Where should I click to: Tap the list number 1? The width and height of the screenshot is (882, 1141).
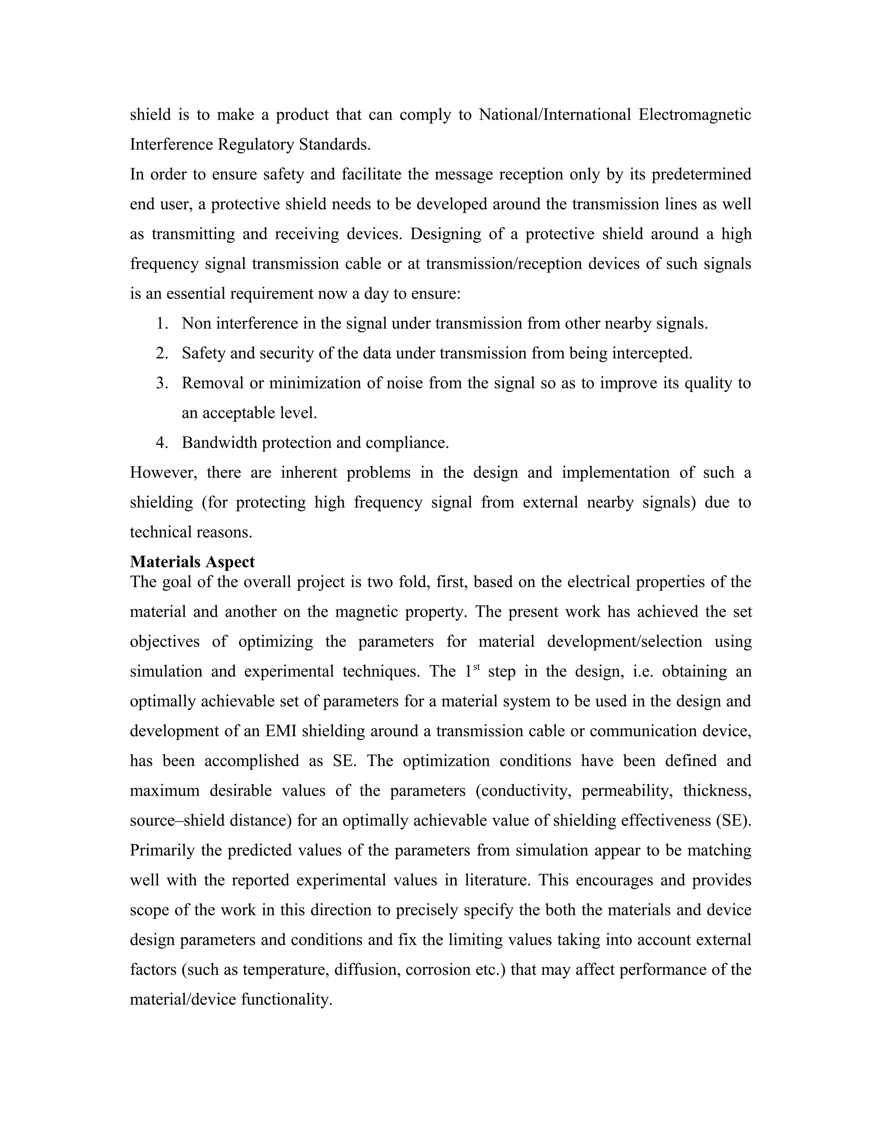pyautogui.click(x=161, y=324)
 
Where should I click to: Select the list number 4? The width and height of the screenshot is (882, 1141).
pyautogui.click(x=161, y=443)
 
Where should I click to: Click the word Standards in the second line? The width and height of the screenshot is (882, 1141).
pyautogui.click(x=334, y=145)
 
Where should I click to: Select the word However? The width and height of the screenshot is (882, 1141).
pyautogui.click(x=164, y=473)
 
